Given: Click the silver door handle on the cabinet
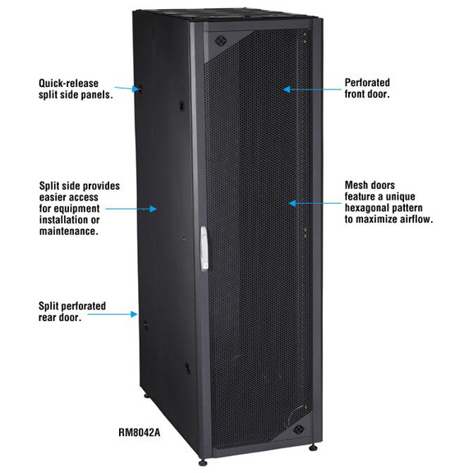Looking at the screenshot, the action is click(204, 248).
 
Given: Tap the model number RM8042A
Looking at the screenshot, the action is click(140, 433).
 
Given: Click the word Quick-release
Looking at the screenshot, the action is click(69, 83).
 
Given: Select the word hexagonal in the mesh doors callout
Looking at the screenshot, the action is click(366, 208).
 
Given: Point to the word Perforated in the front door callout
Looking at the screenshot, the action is click(367, 82).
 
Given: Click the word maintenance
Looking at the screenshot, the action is click(69, 232).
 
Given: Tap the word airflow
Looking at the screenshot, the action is click(416, 219).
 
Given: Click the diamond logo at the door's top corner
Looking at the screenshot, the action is click(219, 41).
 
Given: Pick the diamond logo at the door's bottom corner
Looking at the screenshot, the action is click(298, 429).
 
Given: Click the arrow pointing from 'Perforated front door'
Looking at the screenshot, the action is click(313, 90).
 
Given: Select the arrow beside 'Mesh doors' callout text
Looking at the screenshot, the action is click(315, 203).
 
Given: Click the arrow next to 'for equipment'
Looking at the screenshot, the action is click(131, 209).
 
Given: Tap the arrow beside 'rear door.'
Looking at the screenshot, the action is click(113, 314).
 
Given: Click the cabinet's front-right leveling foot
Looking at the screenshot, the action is click(313, 448).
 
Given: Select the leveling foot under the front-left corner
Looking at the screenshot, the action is click(203, 462).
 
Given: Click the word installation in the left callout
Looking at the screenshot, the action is click(69, 220).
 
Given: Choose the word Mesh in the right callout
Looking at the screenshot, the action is click(356, 185).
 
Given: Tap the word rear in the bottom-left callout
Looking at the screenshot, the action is click(48, 318).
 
